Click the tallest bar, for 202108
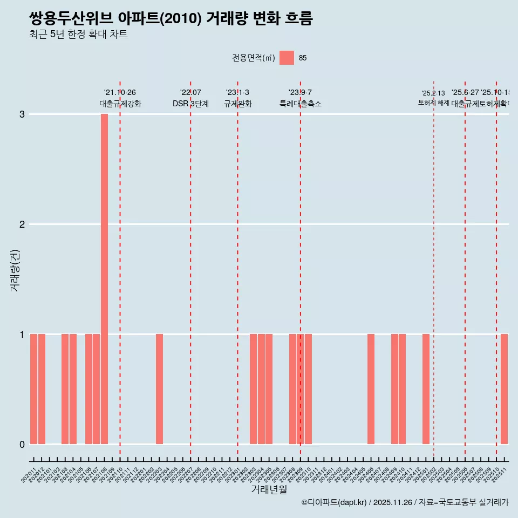click(x=104, y=278)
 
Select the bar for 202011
click(x=33, y=388)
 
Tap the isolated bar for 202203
click(x=159, y=388)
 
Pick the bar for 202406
click(x=371, y=388)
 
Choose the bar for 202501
click(x=426, y=388)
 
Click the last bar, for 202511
click(x=504, y=388)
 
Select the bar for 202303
click(x=253, y=388)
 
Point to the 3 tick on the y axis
click(x=22, y=114)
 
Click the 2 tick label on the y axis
click(x=22, y=224)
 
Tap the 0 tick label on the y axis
click(x=22, y=444)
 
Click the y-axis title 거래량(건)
click(x=15, y=270)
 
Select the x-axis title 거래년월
click(x=269, y=490)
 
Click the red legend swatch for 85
click(x=287, y=58)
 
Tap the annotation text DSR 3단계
click(x=190, y=104)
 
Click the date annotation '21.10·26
click(x=120, y=93)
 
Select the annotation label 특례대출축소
click(x=300, y=104)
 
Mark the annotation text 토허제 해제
click(x=433, y=102)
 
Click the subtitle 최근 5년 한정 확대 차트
click(x=78, y=35)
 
